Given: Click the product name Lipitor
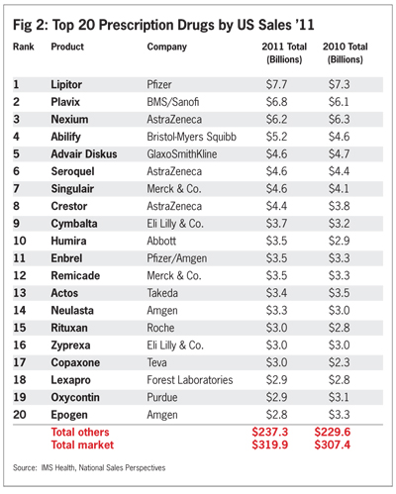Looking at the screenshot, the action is point(66,85).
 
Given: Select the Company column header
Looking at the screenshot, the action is point(167,48).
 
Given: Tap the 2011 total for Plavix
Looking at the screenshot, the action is point(276,102).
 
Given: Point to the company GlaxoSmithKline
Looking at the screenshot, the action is point(182,154).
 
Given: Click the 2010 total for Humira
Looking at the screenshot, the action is point(339,241).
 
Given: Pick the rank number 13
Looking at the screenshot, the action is point(20,293).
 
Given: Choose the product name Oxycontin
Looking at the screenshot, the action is point(75,397).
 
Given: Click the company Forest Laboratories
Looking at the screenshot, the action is point(190,380).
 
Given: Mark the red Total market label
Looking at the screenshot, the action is point(82,445).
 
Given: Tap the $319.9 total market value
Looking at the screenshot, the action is point(270,445).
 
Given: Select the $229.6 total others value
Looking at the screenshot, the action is point(333,432).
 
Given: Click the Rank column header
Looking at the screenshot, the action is point(24,47).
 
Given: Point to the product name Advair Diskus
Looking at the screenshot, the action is point(84,154).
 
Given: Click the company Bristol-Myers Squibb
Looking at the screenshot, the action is point(191,137).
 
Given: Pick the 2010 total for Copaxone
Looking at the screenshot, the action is point(339,362).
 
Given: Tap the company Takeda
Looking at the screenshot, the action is point(162,293).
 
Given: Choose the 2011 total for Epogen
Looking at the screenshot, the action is point(276,415).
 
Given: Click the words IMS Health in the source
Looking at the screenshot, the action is point(57,468).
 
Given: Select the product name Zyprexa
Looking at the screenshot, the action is point(70,346).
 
